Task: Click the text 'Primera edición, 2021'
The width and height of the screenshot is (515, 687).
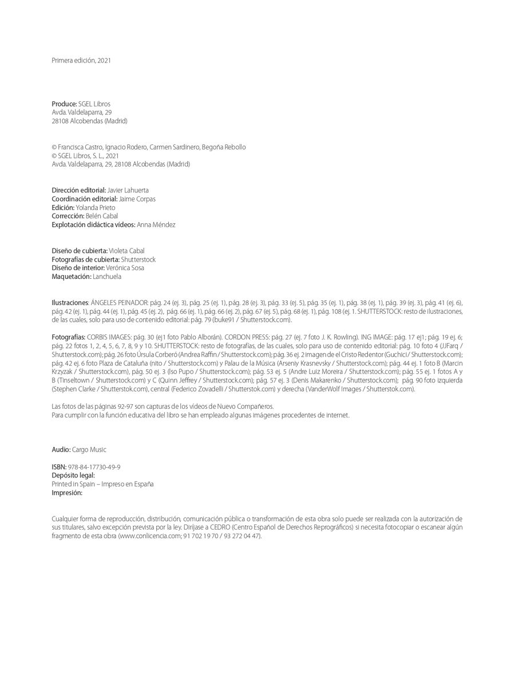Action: click(x=81, y=60)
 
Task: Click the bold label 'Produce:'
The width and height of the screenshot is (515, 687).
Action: click(x=64, y=104)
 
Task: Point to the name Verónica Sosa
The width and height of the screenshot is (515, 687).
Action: click(x=125, y=267)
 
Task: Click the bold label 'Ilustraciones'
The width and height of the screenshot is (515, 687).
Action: click(x=70, y=302)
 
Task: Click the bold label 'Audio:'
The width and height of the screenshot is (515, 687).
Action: click(x=61, y=449)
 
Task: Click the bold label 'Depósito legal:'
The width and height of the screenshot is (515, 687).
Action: click(x=73, y=475)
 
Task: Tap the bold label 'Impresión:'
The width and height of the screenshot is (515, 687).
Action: click(x=67, y=492)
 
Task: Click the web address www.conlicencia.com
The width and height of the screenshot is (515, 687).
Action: click(x=149, y=536)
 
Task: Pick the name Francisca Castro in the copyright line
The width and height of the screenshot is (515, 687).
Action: click(x=78, y=147)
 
